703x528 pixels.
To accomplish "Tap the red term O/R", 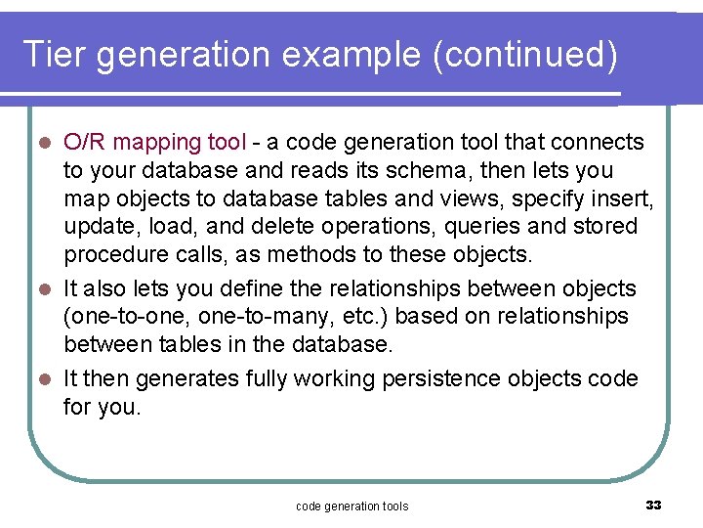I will click(x=85, y=143).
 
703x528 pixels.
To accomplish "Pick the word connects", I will click(x=598, y=143).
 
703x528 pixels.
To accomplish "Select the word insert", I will click(x=625, y=199).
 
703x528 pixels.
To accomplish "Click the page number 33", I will click(x=653, y=506).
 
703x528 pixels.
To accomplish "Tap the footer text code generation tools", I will click(x=351, y=506).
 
